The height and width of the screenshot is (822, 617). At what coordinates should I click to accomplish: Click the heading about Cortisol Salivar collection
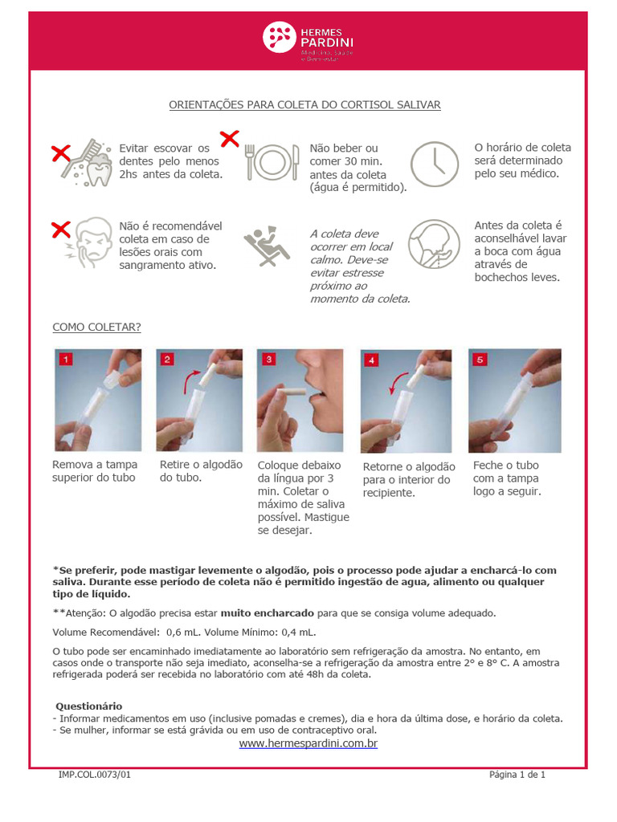pos(304,105)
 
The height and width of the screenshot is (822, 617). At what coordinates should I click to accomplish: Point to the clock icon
pos(435,164)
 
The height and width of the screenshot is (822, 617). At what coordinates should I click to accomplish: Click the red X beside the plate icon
pos(230,139)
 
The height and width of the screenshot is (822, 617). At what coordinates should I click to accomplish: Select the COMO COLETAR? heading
pos(96,327)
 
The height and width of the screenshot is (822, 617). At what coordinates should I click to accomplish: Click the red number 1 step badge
pos(65,360)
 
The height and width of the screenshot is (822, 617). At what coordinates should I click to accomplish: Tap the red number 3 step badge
pos(269,360)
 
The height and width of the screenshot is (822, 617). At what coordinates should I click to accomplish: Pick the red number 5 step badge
pos(480,360)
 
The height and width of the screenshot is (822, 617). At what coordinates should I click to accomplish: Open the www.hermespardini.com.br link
pos(308,744)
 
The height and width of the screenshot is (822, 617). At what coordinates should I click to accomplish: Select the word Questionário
pos(88,706)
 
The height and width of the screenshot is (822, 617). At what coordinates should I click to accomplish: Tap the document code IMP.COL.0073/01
pos(95,775)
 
